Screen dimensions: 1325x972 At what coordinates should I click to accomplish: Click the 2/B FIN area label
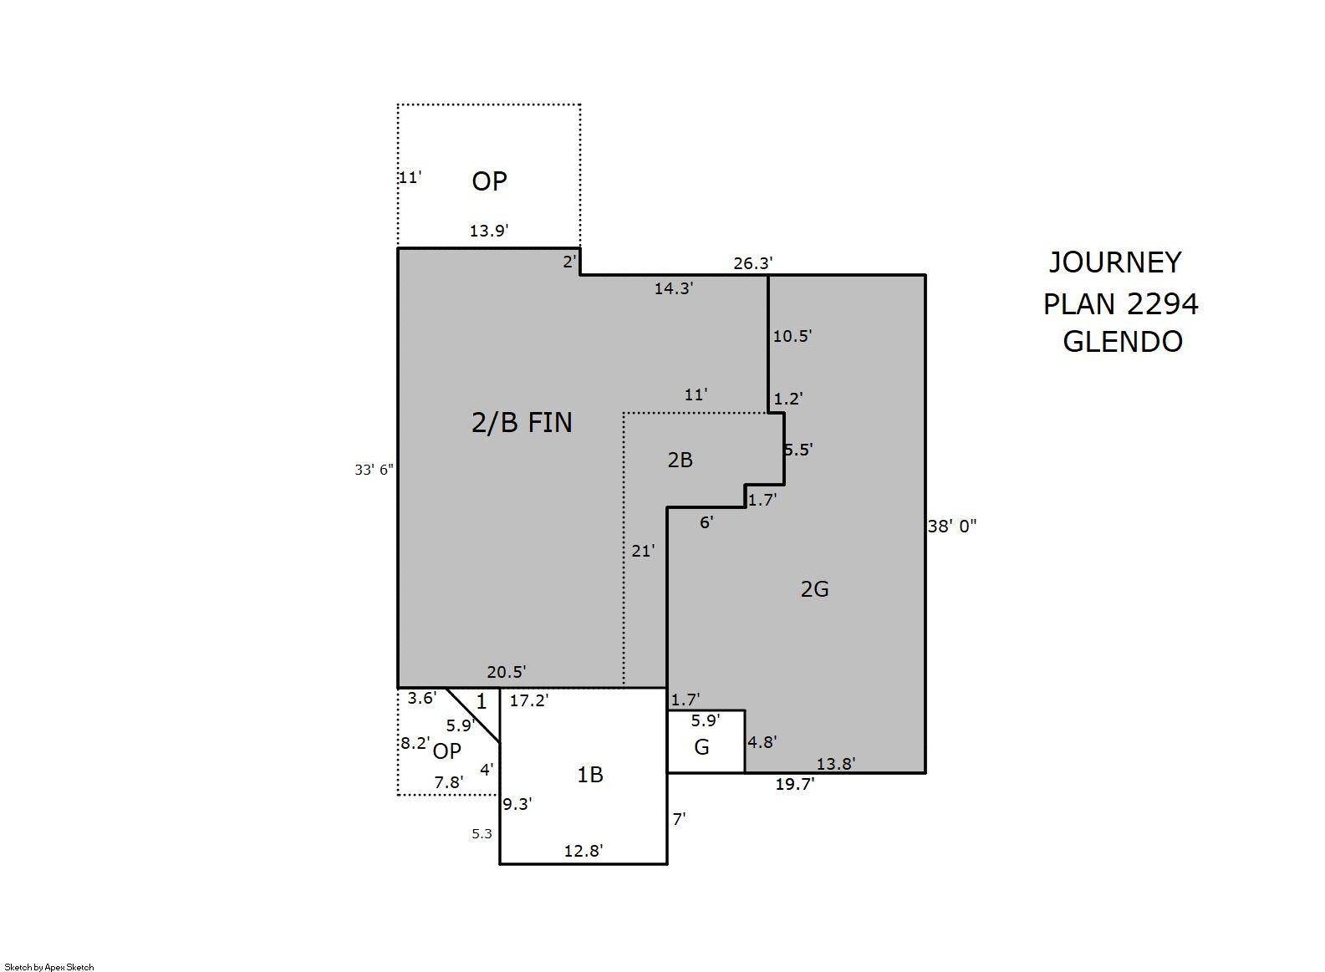522,423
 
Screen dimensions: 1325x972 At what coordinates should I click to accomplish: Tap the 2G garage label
814,589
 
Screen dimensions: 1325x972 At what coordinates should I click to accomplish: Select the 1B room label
589,775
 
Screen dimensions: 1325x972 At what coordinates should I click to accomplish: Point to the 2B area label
680,460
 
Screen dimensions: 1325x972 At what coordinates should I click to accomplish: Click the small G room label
701,747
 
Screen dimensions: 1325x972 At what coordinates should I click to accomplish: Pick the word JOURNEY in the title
1115,262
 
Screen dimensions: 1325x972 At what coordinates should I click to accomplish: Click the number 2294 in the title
1162,304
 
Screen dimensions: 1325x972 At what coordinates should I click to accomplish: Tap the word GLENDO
1123,342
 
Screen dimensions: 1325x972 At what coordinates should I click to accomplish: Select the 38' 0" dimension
952,527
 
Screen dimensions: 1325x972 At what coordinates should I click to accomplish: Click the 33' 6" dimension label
374,470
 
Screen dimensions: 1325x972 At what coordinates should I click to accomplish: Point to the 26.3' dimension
753,263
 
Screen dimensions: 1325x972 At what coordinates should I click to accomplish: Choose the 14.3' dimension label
674,288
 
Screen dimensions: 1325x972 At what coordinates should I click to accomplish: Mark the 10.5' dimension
792,336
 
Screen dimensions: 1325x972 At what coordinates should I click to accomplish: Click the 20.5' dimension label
507,672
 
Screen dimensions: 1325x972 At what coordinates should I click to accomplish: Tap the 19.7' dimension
795,784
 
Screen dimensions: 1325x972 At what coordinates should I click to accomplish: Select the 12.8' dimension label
584,851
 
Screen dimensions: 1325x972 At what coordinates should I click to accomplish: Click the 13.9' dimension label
489,231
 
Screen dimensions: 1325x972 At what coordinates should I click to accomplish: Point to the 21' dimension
643,551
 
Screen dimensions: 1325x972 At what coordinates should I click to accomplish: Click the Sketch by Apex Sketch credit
49,967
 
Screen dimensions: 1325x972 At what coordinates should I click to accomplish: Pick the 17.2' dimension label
529,700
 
